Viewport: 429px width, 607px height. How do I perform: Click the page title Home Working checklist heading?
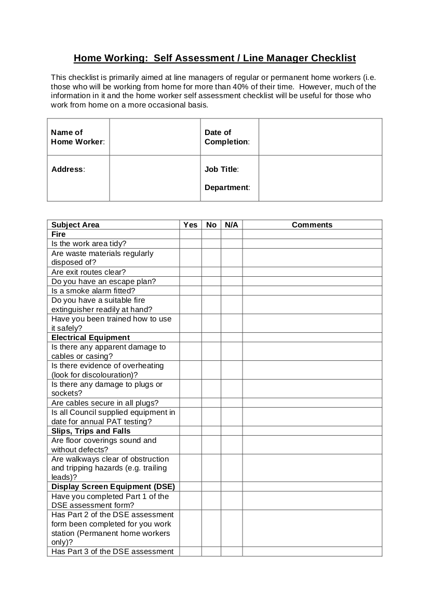pos(214,58)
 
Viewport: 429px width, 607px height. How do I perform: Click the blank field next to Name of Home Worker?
pos(155,137)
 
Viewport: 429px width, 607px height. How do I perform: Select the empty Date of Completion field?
pos(320,137)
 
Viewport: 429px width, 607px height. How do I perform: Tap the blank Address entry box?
pos(155,178)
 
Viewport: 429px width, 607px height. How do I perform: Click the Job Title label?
pos(221,169)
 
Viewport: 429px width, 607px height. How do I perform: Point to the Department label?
pos(227,187)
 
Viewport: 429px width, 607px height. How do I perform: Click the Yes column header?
pos(191,225)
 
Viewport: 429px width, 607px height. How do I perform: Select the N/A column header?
pos(231,225)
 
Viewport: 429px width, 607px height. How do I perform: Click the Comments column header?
pos(312,225)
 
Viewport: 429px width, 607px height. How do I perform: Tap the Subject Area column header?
pos(75,225)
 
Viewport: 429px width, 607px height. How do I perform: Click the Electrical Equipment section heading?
pos(90,338)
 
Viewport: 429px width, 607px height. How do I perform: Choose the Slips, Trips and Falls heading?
pos(91,431)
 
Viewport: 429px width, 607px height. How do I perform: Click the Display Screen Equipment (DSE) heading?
pos(113,487)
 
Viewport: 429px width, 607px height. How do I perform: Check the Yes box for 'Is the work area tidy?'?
pos(191,244)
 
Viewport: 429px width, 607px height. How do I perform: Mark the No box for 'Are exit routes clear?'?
pos(211,272)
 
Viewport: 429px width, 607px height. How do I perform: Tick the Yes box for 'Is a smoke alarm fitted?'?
pos(191,291)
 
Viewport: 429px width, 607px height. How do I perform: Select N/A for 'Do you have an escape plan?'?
pos(231,281)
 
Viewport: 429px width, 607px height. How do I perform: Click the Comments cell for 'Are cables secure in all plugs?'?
pos(312,403)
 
